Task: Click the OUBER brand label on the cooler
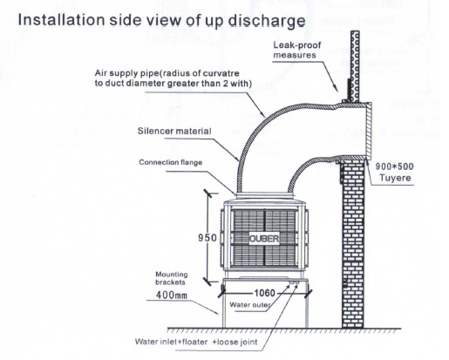[264, 239]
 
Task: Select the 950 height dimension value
[207, 238]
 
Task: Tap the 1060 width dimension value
[264, 293]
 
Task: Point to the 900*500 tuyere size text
[394, 166]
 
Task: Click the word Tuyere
[395, 178]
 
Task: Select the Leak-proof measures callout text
[296, 50]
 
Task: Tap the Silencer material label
[174, 131]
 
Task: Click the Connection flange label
[171, 162]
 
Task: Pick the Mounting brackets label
[172, 278]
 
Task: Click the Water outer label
[250, 305]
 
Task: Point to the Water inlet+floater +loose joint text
[196, 342]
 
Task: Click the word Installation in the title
[61, 20]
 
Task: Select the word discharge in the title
[267, 21]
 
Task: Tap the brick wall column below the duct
[353, 244]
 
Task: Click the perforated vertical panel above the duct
[355, 66]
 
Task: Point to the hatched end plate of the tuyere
[368, 132]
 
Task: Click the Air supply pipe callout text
[173, 78]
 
